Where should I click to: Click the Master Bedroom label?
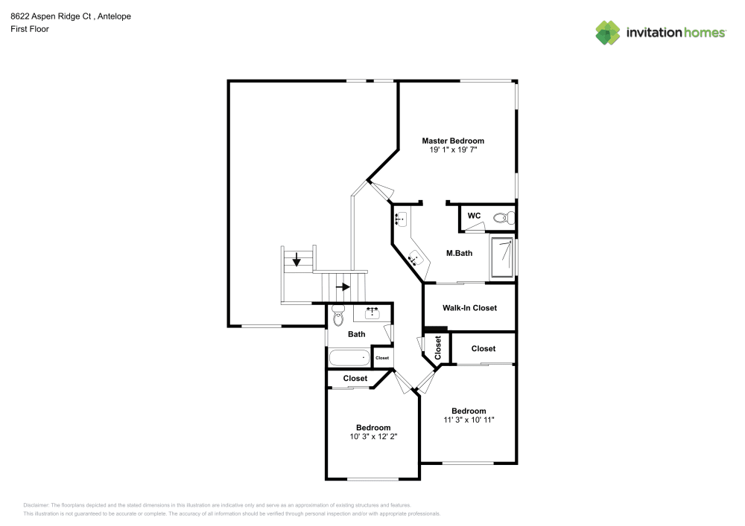453,141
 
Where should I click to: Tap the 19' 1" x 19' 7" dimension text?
453,150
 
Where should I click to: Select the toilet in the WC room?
506,218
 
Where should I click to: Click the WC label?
474,216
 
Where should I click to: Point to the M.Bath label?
459,254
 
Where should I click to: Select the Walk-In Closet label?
469,308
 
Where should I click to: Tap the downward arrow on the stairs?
297,260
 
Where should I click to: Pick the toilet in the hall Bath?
337,315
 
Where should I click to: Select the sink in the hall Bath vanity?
372,312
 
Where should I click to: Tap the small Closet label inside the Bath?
382,358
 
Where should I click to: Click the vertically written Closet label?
438,348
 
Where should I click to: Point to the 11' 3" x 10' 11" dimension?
469,420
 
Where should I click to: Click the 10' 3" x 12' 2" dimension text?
373,437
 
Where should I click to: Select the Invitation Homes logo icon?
608,32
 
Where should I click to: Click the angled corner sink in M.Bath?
416,258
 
